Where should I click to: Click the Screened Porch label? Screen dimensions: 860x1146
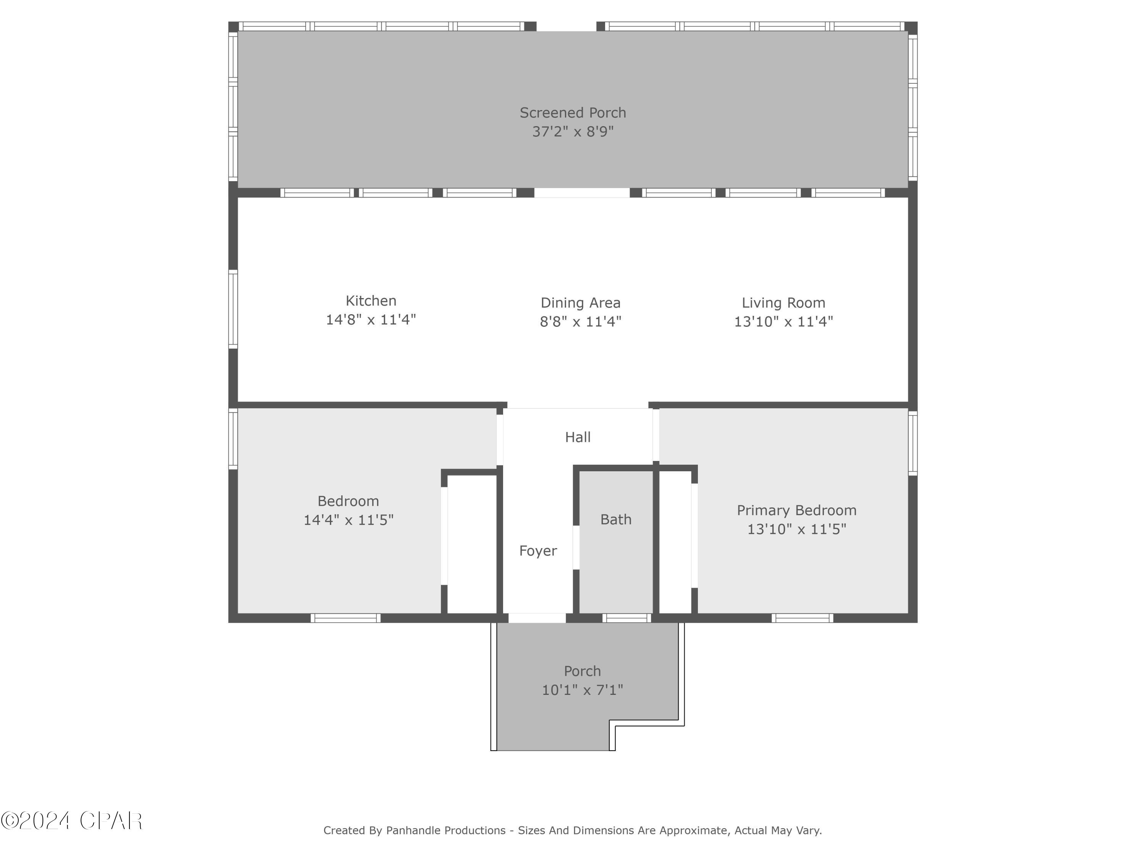573,112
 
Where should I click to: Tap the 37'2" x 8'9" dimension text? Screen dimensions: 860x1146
573,131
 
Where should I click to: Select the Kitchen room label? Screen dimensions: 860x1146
371,301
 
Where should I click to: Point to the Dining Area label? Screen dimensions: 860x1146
580,303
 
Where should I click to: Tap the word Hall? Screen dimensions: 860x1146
577,437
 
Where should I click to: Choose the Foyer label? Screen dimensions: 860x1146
538,550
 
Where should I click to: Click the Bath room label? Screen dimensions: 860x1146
615,519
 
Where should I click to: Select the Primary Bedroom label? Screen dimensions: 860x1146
796,510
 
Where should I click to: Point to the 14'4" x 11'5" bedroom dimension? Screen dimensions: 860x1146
348,520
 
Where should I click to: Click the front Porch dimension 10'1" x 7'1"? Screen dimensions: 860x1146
582,690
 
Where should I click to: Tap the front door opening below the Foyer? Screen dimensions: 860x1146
537,618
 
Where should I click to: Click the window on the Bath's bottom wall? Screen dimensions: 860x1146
626,618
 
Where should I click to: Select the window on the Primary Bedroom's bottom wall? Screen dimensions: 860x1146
802,618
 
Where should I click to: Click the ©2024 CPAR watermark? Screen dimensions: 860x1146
71,821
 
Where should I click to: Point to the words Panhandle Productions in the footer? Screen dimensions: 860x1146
445,831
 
